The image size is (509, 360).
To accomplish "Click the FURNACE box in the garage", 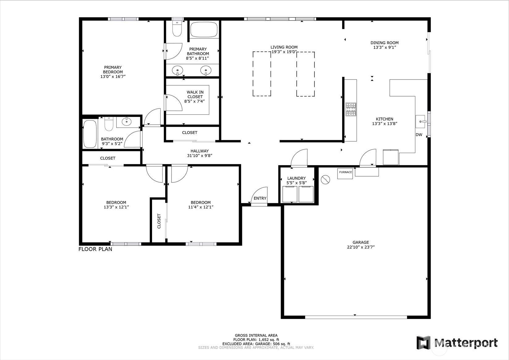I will tap(345, 173).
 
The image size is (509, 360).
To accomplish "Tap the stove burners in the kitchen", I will tap(351, 109).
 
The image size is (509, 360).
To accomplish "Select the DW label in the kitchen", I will tap(419, 135).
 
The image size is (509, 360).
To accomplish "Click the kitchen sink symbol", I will tap(421, 121).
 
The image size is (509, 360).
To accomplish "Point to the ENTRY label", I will tap(260, 198).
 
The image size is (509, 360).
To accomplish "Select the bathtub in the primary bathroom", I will tap(204, 30).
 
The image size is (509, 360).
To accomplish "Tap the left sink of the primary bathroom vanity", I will tap(178, 70).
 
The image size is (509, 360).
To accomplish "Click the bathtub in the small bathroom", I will tap(90, 134).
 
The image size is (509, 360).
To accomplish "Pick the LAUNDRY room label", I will tap(296, 178).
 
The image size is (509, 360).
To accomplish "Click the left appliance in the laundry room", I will tap(290, 194).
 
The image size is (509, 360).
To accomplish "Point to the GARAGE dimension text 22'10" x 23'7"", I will tap(361, 247).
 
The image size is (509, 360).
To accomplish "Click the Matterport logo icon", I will tap(423, 343).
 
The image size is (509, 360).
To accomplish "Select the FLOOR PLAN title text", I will tap(95, 249).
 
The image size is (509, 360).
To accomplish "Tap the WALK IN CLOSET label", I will tap(195, 94).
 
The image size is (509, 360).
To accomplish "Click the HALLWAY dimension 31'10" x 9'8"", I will tap(199, 156).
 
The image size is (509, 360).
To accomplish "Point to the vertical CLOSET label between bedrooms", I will tap(159, 221).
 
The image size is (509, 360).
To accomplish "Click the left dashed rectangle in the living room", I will tap(262, 74).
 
